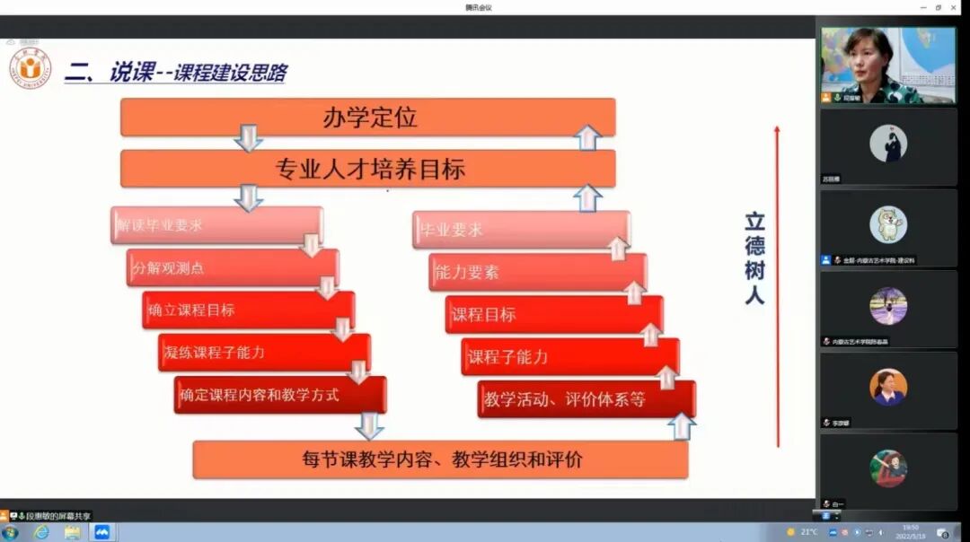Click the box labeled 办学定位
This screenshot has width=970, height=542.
point(368,118)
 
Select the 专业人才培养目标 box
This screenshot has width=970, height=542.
point(368,169)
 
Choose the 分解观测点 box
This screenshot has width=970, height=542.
point(232,267)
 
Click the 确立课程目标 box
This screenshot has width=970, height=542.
point(247,310)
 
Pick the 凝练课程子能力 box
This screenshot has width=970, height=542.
point(263,352)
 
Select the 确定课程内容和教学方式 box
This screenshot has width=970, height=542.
point(280,395)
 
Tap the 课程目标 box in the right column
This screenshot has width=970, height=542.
point(553,314)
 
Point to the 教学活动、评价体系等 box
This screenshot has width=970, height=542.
point(586,399)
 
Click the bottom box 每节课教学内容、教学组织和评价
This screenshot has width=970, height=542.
point(440,459)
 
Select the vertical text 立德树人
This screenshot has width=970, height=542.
point(754,258)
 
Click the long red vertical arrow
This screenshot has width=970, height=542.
point(778,287)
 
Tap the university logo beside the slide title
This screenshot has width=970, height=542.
point(31,69)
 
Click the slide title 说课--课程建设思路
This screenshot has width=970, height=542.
point(198,73)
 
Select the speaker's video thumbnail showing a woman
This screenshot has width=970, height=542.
point(876,65)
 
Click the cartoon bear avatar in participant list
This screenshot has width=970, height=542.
point(887,223)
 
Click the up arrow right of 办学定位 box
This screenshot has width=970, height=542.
point(588,136)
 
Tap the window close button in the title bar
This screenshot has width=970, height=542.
point(955,7)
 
